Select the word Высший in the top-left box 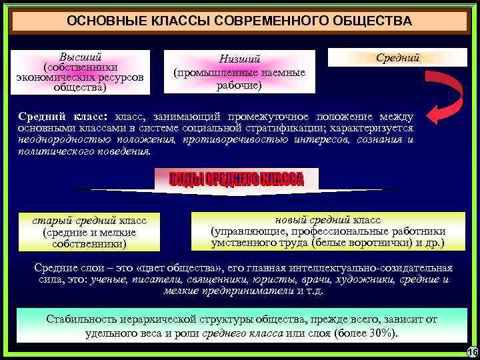81,57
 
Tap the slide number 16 472,352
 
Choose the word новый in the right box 290,219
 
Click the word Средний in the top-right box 398,58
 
